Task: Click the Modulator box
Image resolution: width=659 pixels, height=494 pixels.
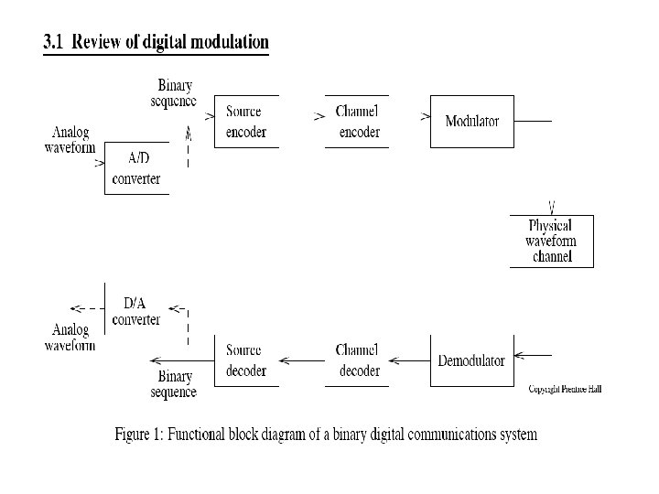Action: tap(472, 121)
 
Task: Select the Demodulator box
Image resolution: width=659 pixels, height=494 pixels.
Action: tap(471, 360)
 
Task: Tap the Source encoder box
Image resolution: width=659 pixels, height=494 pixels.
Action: tap(245, 122)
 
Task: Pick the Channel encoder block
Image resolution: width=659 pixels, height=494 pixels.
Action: tap(358, 122)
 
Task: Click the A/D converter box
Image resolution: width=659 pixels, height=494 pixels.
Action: tap(136, 168)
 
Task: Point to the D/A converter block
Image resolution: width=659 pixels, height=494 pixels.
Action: tap(136, 311)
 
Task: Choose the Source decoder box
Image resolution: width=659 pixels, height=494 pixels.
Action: tap(245, 360)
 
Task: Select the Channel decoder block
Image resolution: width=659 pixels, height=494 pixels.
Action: tap(358, 360)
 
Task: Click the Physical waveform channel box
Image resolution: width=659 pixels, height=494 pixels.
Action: tap(551, 241)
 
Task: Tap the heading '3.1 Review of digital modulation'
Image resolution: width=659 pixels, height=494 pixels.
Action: tap(157, 42)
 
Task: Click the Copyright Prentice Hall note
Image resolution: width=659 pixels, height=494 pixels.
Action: tap(565, 389)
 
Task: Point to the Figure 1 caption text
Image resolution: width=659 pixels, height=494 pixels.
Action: tap(326, 434)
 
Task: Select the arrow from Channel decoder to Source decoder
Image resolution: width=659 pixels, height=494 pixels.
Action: tap(301, 360)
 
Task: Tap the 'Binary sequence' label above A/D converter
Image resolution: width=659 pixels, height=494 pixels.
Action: tap(174, 93)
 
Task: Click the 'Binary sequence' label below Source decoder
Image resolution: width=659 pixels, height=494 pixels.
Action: tap(175, 384)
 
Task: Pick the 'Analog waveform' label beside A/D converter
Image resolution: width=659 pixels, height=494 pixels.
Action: tap(70, 139)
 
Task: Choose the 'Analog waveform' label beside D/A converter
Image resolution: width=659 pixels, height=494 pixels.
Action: tap(70, 338)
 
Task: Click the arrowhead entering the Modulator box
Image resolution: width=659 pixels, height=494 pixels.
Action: tap(426, 117)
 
